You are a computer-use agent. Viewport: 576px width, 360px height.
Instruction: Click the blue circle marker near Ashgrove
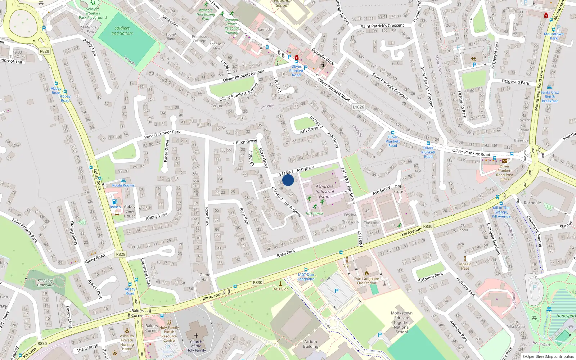288,180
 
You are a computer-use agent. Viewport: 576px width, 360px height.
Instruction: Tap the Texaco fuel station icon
114,202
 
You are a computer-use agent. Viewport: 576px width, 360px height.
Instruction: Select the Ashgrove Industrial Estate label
324,192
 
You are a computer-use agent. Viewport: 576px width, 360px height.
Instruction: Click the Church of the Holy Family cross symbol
196,336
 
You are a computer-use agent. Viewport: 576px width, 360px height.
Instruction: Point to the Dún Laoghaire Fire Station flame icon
366,273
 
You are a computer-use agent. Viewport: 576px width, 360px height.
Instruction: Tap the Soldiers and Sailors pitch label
122,31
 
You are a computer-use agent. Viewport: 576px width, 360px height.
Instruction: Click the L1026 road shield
358,107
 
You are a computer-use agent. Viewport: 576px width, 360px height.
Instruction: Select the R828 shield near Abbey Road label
121,254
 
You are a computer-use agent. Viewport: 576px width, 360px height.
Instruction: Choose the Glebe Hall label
205,277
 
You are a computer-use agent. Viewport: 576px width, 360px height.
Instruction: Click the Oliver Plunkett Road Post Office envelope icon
505,161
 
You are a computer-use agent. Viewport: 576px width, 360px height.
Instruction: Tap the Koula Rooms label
123,185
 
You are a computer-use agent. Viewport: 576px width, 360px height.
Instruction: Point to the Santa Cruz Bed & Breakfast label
550,96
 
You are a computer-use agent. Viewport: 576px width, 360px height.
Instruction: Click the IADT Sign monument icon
280,284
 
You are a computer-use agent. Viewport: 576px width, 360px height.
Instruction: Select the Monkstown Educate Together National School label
402,323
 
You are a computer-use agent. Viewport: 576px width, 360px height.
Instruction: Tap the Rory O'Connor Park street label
162,134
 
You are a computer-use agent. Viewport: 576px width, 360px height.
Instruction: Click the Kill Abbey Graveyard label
45,283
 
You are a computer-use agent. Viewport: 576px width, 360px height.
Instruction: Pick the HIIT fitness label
315,213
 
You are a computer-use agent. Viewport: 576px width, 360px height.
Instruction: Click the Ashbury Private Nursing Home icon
127,330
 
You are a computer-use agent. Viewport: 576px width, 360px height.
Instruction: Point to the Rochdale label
532,203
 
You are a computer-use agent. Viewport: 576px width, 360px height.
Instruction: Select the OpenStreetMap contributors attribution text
548,356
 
